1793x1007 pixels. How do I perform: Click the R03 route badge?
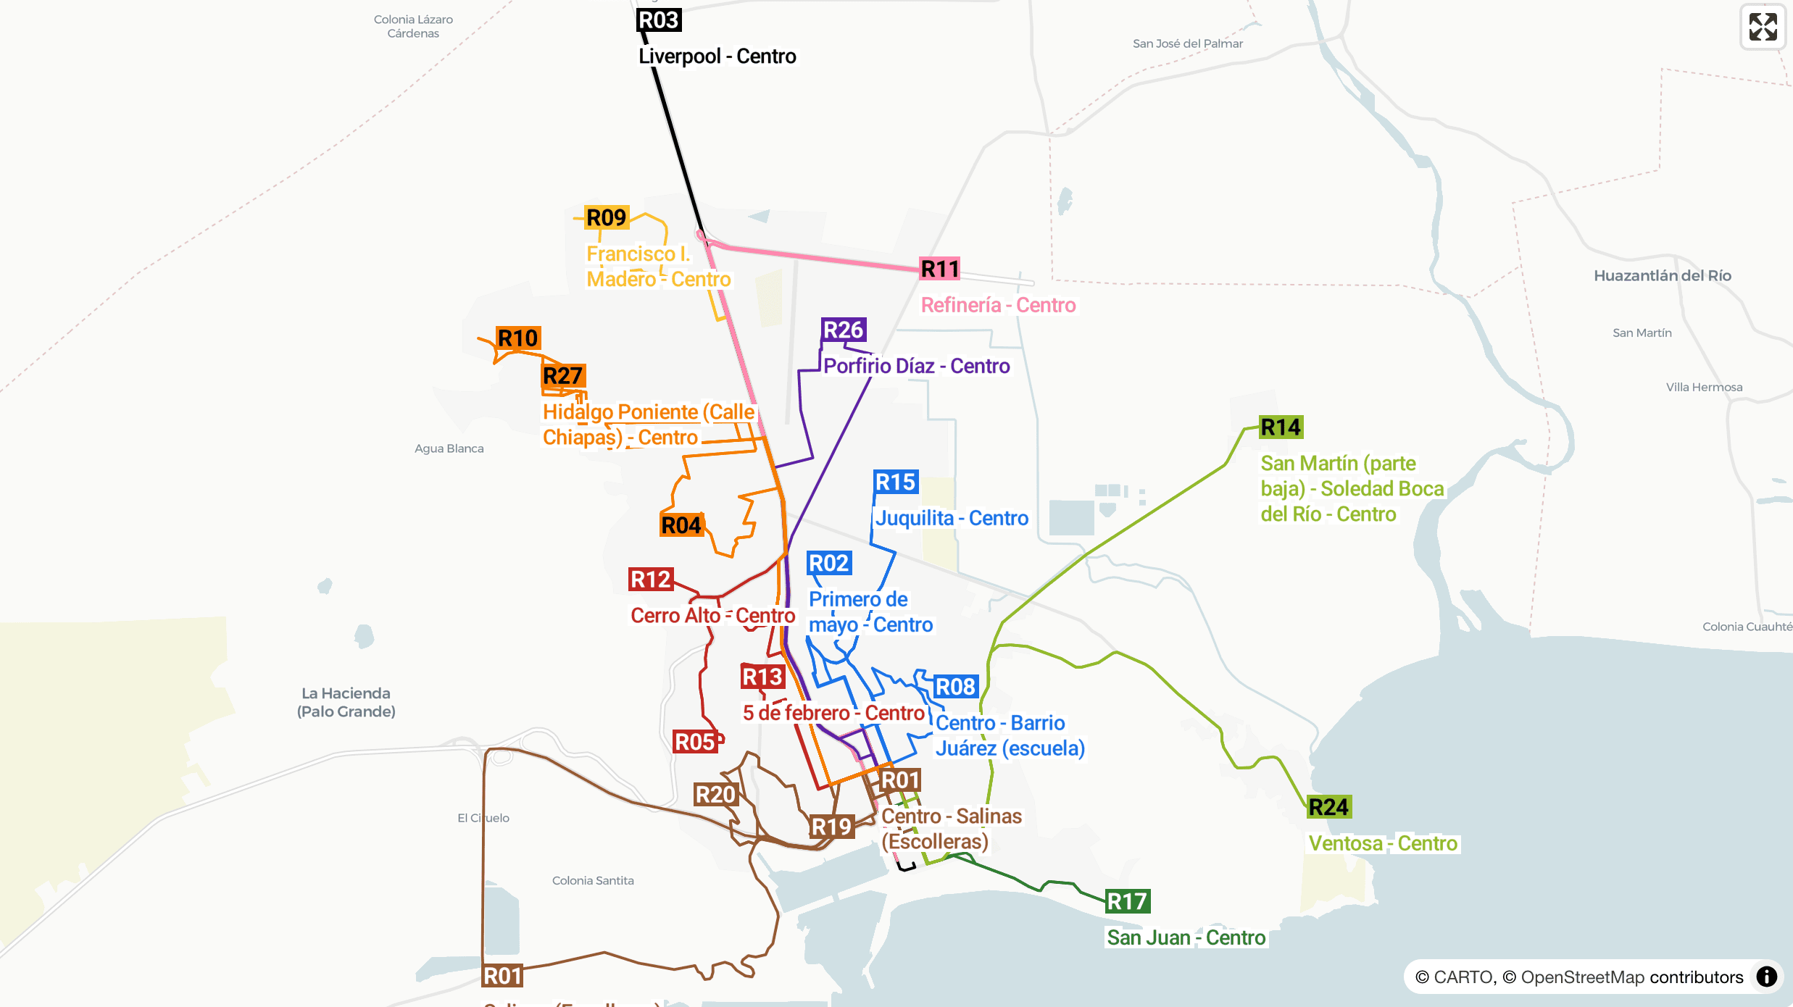[659, 20]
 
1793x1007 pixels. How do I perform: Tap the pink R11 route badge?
[940, 269]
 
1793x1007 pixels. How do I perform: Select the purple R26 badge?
[844, 330]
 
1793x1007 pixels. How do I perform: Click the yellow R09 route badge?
[607, 218]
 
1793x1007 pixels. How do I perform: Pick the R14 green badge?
[1281, 427]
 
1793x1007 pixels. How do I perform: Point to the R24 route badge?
[1328, 807]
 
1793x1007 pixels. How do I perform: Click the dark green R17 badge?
[1128, 902]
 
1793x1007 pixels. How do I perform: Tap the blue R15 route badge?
[896, 482]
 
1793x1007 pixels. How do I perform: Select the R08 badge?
[955, 687]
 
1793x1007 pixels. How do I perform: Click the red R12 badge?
[651, 580]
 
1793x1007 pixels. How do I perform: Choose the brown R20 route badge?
[715, 795]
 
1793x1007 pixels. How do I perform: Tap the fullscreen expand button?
[1763, 27]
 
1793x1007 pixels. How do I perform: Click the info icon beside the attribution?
[1767, 977]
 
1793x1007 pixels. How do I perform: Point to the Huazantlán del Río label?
[1662, 276]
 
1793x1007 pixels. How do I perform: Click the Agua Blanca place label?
[449, 448]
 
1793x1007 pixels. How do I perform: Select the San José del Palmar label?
[1187, 43]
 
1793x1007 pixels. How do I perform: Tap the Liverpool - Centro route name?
[717, 57]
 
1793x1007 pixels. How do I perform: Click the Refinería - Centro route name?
[998, 306]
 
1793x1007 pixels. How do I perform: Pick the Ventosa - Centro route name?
[1382, 844]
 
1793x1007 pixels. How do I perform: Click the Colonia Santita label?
[592, 881]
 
